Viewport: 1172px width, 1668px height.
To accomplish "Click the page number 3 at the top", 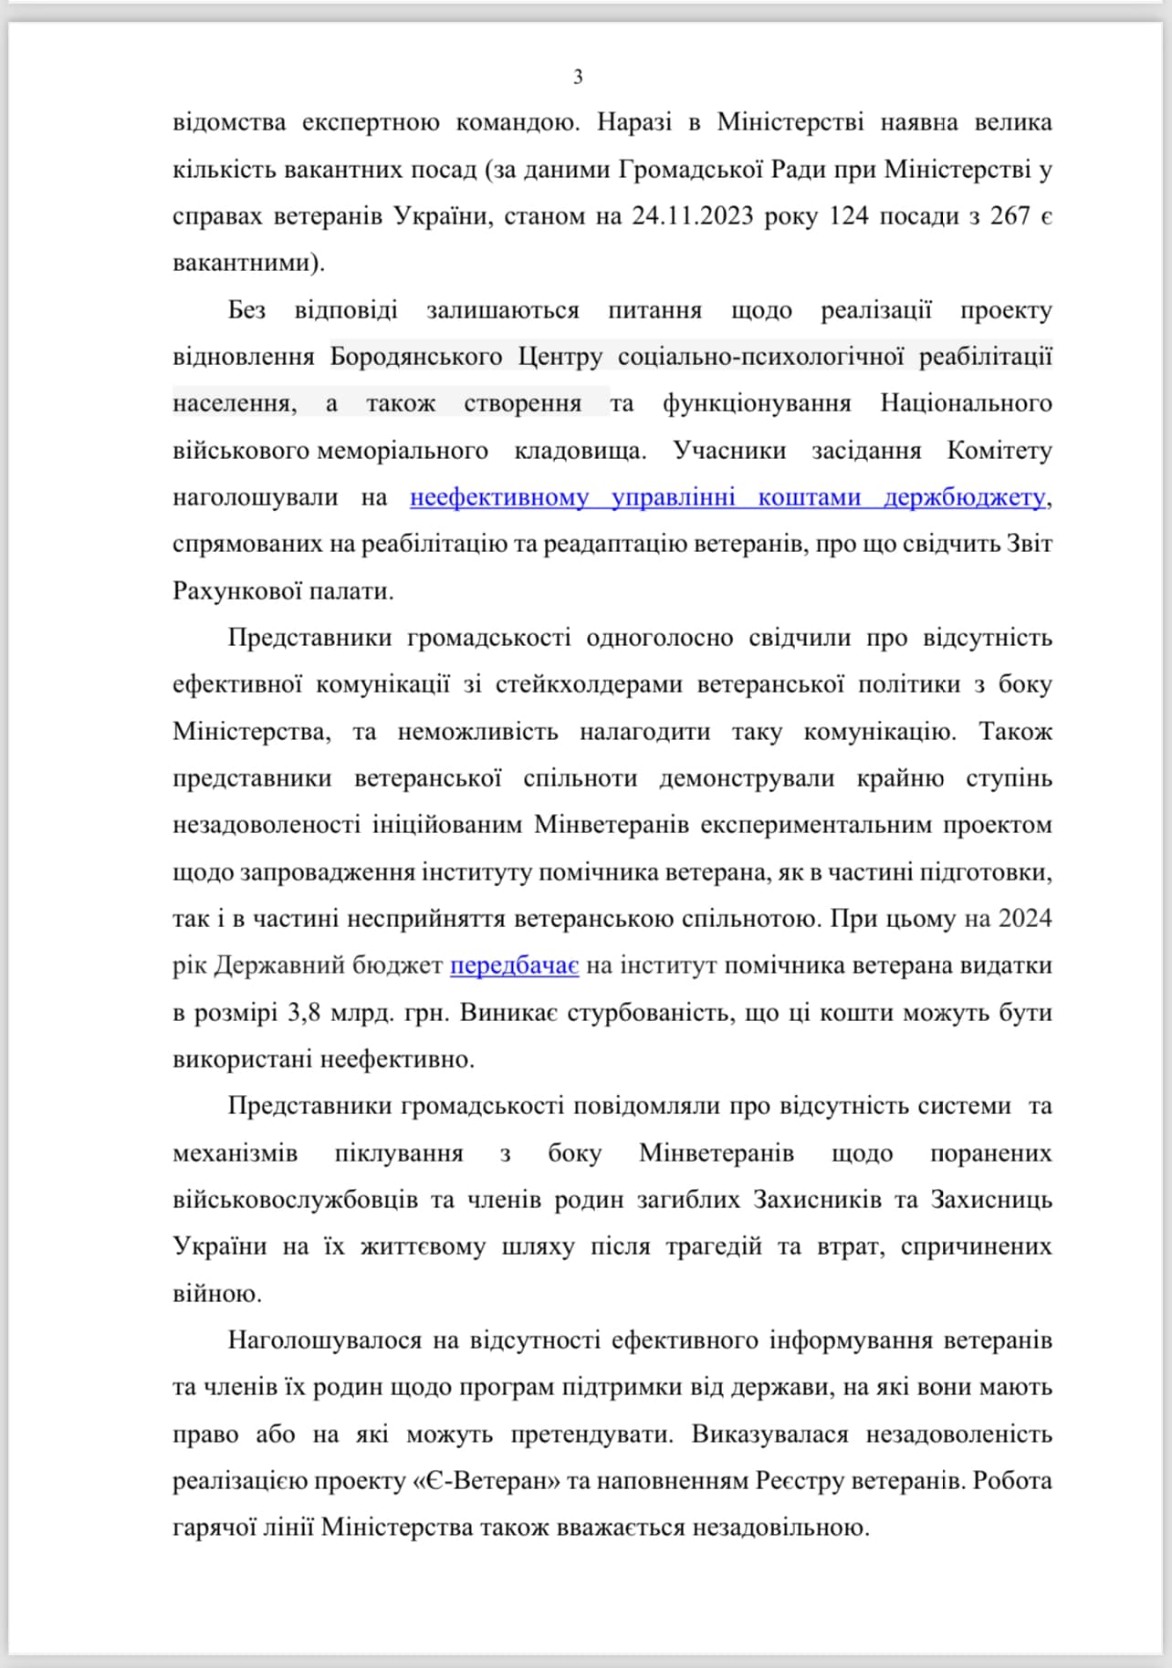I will click(578, 78).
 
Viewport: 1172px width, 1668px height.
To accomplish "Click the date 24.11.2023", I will click(692, 216).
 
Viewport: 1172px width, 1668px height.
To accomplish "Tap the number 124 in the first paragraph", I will click(848, 216).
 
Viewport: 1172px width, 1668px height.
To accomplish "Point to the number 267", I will click(1009, 216).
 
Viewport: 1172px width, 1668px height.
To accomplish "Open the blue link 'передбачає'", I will click(514, 965).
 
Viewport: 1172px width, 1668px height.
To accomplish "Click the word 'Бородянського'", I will click(416, 357).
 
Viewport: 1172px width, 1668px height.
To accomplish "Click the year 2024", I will click(1025, 918).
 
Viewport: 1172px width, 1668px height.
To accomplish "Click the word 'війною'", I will click(217, 1294).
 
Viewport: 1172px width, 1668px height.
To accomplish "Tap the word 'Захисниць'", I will click(990, 1199).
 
